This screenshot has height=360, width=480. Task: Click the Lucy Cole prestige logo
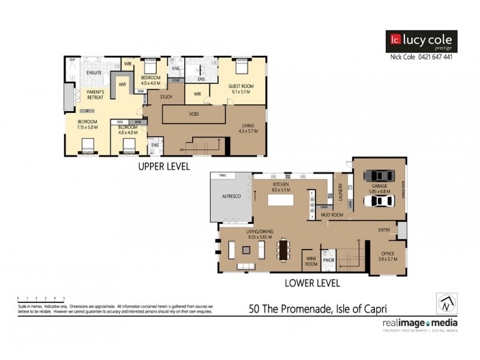[x=421, y=41]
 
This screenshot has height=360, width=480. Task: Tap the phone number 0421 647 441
[x=433, y=57]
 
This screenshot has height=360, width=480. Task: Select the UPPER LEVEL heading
[x=164, y=167]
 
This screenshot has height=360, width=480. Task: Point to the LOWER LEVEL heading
[x=311, y=282]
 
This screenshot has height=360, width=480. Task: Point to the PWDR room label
[x=328, y=261]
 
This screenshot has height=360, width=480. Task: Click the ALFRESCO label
[x=231, y=195]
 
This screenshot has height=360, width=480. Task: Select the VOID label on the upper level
[x=194, y=114]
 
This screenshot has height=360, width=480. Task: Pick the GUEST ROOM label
[x=241, y=86]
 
